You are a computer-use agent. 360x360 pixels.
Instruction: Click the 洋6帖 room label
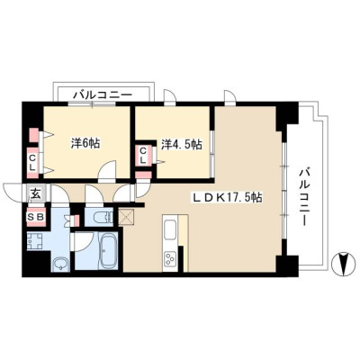(85, 144)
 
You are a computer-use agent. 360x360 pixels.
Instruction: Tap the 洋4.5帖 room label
(182, 144)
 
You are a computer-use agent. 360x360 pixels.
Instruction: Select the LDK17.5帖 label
(228, 197)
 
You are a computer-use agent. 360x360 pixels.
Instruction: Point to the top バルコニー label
(103, 95)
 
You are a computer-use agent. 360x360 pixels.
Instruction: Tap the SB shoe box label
(36, 217)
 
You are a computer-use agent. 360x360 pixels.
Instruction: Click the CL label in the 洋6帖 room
(32, 161)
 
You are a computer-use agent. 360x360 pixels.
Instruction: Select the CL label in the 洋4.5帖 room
(143, 155)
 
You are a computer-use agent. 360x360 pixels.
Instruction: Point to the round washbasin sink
(60, 265)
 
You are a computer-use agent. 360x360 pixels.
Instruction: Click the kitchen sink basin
(170, 230)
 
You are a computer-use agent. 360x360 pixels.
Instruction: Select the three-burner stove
(170, 258)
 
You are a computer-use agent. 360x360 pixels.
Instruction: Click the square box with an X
(127, 217)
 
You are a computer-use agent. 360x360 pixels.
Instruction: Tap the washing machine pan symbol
(35, 240)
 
